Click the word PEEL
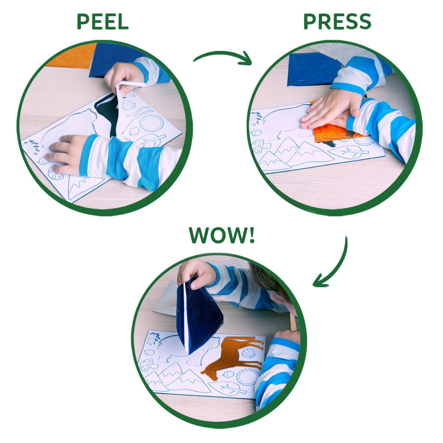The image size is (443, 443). coord(103,22)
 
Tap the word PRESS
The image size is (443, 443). coord(337,22)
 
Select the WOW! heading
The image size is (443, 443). coord(222,235)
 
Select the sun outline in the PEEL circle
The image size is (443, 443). coord(152,123)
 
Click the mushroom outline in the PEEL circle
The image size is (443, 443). coord(55,173)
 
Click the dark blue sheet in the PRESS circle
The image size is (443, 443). coord(314,69)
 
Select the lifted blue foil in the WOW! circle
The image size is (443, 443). coord(198,314)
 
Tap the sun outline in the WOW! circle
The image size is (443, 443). coord(248,376)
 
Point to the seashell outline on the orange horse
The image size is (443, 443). coord(248,353)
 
